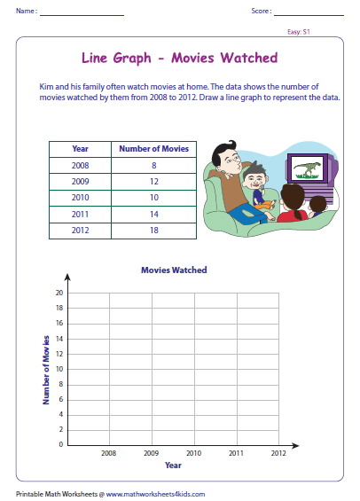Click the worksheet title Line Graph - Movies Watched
point(179,59)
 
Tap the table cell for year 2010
point(81,196)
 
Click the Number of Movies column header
point(153,148)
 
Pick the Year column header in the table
point(81,148)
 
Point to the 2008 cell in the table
point(81,164)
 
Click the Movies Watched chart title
point(174,270)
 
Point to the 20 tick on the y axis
point(59,293)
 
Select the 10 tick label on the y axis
point(59,368)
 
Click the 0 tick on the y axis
point(60,444)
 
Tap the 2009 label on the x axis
point(151,453)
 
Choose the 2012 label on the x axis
point(278,453)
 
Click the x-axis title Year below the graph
point(173,465)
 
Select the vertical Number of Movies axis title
point(45,369)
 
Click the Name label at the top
point(26,12)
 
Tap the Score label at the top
point(261,12)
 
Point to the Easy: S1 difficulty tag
point(323,31)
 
